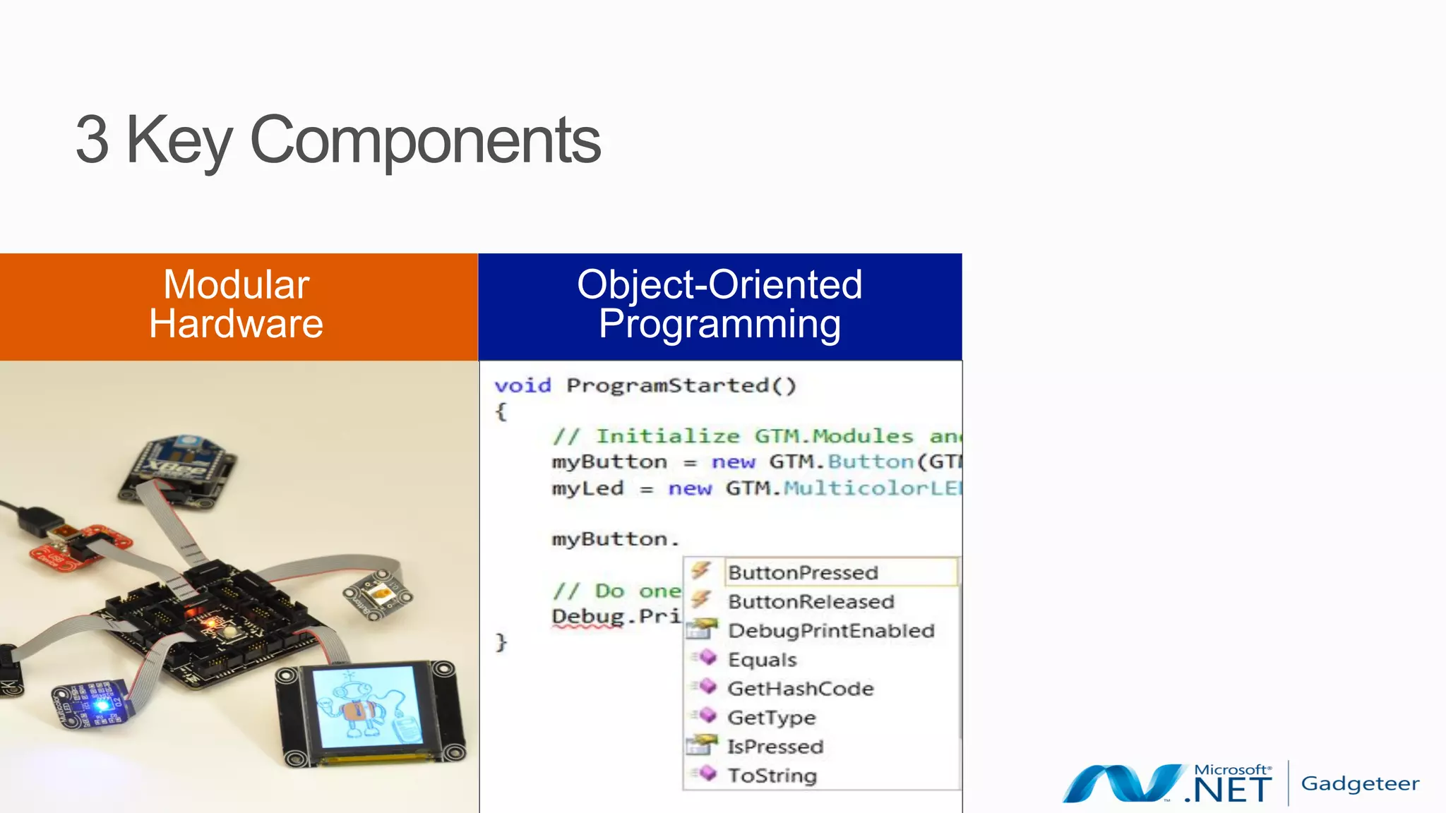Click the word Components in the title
[425, 140]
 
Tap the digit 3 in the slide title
[92, 140]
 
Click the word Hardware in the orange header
[236, 324]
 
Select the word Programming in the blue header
[719, 324]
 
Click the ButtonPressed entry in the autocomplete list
[803, 572]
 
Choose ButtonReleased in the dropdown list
[811, 601]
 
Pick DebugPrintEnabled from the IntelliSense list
[831, 630]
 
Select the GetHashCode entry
[801, 688]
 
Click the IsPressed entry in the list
[775, 746]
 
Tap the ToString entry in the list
[772, 775]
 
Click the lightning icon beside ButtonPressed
[700, 570]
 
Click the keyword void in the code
[522, 385]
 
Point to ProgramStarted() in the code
[681, 385]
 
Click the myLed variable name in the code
[587, 488]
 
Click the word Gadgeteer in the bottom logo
[1360, 783]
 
